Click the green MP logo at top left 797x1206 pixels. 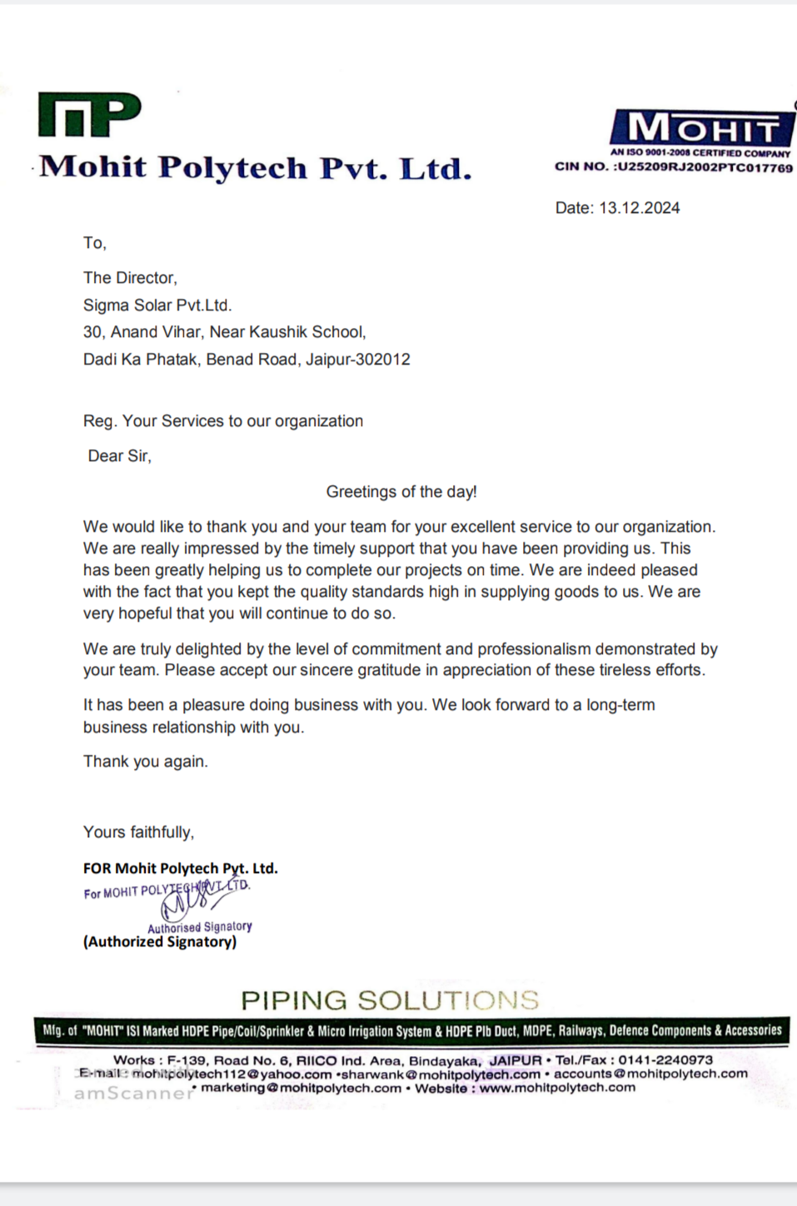pos(89,115)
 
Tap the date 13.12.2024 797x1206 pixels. pos(639,208)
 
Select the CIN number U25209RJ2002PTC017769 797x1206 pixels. pos(705,167)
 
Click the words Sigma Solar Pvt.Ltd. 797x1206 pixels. pos(157,305)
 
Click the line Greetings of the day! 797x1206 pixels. pos(401,492)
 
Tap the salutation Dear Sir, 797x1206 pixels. pos(120,456)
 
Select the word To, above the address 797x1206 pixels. pos(94,243)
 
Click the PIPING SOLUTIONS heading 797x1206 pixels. pos(390,1000)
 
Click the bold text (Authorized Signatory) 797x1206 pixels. pos(160,942)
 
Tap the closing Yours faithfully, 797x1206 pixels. pos(138,832)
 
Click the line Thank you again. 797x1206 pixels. pos(146,762)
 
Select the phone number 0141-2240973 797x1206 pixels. pos(665,1060)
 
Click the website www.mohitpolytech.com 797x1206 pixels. pos(557,1088)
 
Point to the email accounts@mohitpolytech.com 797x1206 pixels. pos(650,1074)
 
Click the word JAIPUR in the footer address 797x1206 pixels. pos(515,1060)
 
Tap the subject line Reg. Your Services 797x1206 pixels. pos(222,421)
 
